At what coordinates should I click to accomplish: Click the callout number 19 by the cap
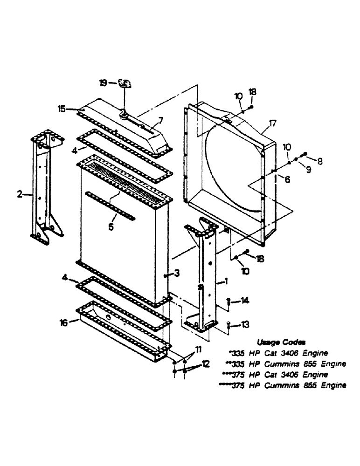click(103, 83)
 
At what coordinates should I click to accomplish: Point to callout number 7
click(159, 120)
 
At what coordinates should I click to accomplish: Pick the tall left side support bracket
click(45, 186)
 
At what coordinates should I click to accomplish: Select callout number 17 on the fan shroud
click(272, 124)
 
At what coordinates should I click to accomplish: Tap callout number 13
click(245, 324)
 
